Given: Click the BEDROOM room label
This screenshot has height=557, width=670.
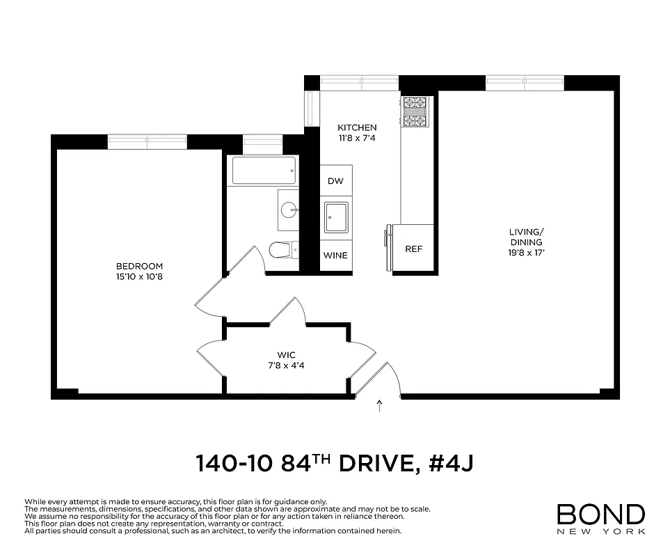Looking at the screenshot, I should pyautogui.click(x=139, y=266).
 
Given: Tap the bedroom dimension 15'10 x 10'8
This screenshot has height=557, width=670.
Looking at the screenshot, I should pyautogui.click(x=139, y=276).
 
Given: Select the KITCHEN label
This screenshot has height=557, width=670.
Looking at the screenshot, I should pyautogui.click(x=357, y=127).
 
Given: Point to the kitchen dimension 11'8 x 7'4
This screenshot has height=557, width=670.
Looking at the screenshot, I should pyautogui.click(x=357, y=138).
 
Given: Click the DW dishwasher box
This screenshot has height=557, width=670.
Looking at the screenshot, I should pyautogui.click(x=335, y=181).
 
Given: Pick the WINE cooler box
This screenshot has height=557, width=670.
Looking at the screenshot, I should pyautogui.click(x=335, y=256).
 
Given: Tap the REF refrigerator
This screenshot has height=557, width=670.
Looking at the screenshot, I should pyautogui.click(x=413, y=249).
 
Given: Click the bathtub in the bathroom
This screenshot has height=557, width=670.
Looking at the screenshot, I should pyautogui.click(x=264, y=171).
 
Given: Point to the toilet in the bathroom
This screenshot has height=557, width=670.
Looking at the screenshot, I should pyautogui.click(x=281, y=249).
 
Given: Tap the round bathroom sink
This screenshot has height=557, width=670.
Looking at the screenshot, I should pyautogui.click(x=289, y=208).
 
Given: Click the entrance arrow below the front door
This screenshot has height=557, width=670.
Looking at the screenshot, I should pyautogui.click(x=379, y=406).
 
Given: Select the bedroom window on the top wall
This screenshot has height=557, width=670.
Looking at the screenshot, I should pyautogui.click(x=147, y=141).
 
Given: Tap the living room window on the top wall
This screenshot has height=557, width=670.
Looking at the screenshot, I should pyautogui.click(x=525, y=83).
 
